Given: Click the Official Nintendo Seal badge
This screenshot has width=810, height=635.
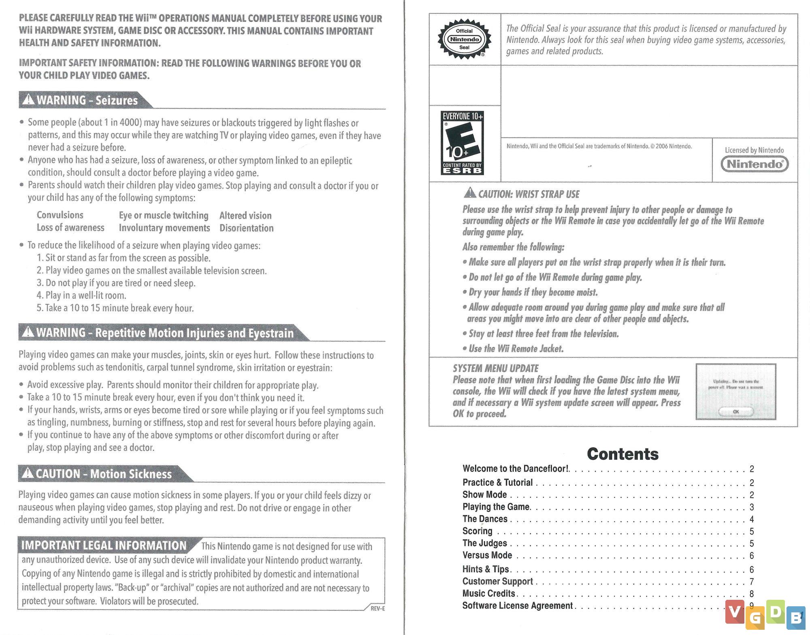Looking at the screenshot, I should [464, 39].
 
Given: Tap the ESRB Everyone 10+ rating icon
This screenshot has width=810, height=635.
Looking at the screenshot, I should [462, 143].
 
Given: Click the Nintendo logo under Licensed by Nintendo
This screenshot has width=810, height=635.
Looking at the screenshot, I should [755, 164].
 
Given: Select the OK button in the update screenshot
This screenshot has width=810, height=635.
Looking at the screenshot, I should [735, 412].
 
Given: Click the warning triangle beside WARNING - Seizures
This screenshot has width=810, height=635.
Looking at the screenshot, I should [28, 99].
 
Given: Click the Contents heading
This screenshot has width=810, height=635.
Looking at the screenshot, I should [622, 454].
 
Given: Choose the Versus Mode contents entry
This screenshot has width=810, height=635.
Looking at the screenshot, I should [487, 555].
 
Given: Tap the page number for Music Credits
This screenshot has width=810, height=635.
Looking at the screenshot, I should [752, 594].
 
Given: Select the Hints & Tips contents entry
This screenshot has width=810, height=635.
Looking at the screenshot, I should [486, 569].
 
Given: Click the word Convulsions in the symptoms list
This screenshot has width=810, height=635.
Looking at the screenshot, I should [60, 215].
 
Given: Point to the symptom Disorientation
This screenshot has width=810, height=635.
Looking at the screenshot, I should [246, 228].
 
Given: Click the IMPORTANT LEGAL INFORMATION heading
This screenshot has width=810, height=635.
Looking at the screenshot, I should [104, 545].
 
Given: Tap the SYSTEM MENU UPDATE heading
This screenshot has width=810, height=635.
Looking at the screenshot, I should [495, 368].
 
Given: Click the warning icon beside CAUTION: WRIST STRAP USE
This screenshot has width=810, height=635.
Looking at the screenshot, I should [470, 193].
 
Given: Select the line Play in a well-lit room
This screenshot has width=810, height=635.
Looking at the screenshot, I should [81, 295].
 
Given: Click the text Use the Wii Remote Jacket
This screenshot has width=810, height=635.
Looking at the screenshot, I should [516, 348].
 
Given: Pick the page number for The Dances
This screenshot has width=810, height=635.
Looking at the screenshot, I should [752, 519].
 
